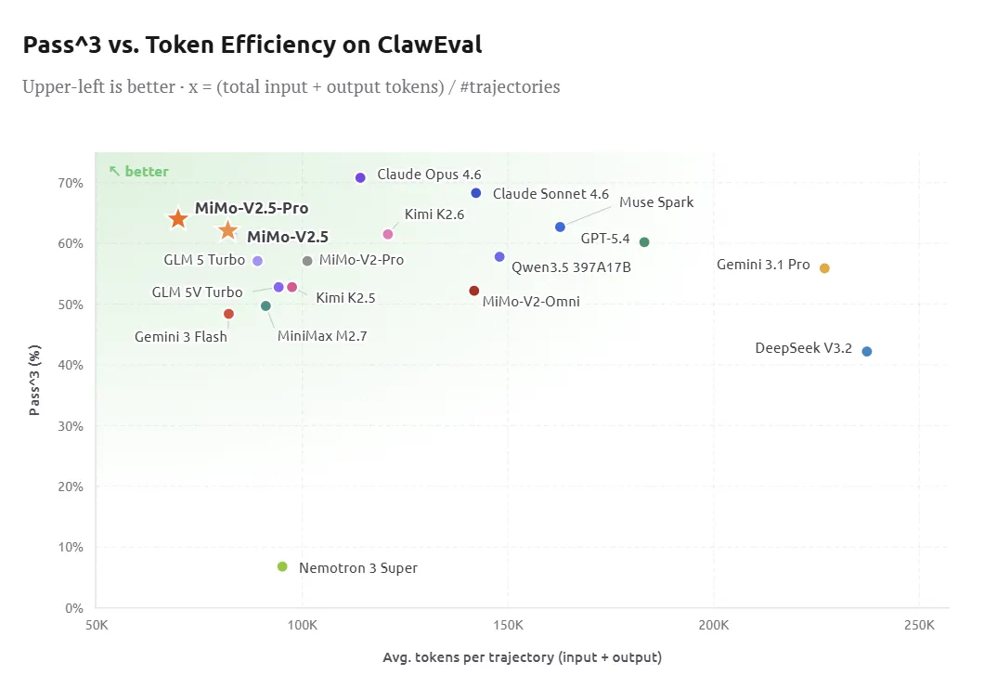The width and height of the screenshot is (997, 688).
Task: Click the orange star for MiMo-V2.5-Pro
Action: (x=178, y=218)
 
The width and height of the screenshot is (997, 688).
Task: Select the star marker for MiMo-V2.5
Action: (x=228, y=230)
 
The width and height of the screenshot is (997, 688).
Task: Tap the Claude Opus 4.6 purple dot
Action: (x=360, y=177)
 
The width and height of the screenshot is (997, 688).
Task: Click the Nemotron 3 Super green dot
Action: (x=282, y=566)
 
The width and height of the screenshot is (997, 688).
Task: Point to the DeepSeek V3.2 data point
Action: (x=867, y=351)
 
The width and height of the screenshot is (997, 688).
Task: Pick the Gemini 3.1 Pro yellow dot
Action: (x=824, y=268)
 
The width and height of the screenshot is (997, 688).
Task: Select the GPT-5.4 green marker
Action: (x=644, y=242)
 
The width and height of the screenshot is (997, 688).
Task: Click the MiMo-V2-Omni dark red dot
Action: (x=474, y=291)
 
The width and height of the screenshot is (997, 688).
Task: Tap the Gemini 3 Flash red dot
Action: (x=228, y=314)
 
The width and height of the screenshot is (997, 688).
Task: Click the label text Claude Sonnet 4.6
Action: (x=550, y=194)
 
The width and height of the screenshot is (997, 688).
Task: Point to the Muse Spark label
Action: (x=655, y=202)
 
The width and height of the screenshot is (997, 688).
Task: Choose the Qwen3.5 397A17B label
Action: (x=571, y=267)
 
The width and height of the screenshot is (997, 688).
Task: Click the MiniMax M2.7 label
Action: (x=322, y=336)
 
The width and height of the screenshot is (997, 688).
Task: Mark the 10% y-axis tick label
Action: (x=71, y=547)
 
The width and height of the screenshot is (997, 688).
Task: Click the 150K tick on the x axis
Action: (x=508, y=626)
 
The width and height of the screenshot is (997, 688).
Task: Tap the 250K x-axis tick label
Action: (x=918, y=626)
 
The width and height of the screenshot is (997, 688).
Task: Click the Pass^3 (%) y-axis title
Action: (x=34, y=380)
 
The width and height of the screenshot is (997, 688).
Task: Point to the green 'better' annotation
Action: (x=139, y=172)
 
